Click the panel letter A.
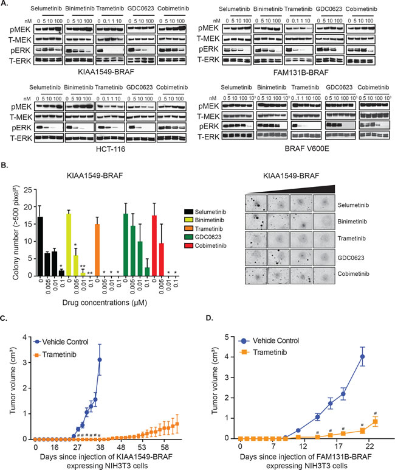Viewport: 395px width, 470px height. point(5,4)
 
